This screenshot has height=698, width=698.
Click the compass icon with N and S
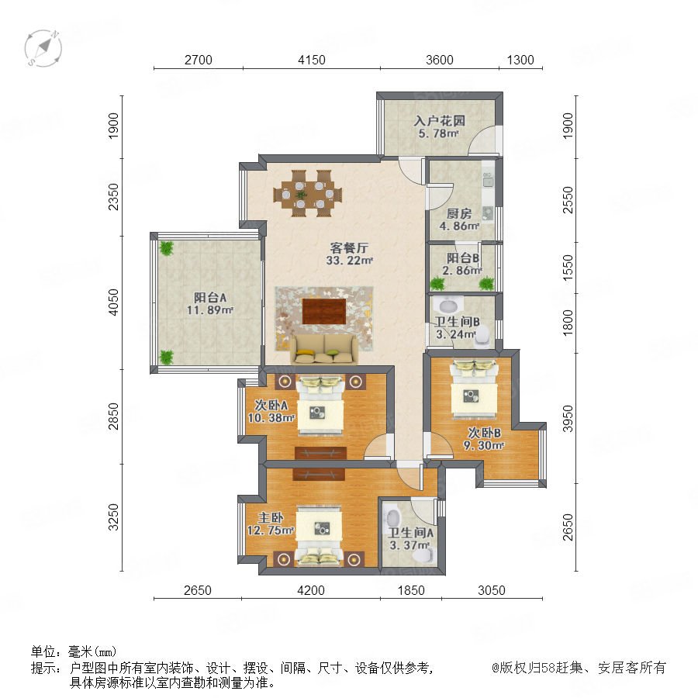(43, 48)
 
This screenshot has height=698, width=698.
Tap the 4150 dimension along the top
(312, 60)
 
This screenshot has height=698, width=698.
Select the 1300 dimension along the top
(520, 60)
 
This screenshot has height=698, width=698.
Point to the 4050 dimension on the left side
(114, 302)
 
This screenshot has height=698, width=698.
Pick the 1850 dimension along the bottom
(411, 590)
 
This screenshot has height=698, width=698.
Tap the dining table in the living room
(308, 194)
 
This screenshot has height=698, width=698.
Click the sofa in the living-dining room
(323, 349)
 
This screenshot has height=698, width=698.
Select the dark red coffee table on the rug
(324, 312)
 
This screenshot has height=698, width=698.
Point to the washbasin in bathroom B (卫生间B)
(447, 306)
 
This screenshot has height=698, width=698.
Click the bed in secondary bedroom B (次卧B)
(474, 389)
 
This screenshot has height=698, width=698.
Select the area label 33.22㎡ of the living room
(350, 261)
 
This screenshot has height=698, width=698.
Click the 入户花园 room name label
(440, 121)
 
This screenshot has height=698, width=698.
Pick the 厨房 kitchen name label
(459, 214)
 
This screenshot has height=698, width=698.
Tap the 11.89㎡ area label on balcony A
(210, 309)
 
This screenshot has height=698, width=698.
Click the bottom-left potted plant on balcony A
(166, 357)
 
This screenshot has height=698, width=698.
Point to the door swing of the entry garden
(482, 140)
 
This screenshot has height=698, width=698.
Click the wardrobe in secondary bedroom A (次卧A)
(320, 453)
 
